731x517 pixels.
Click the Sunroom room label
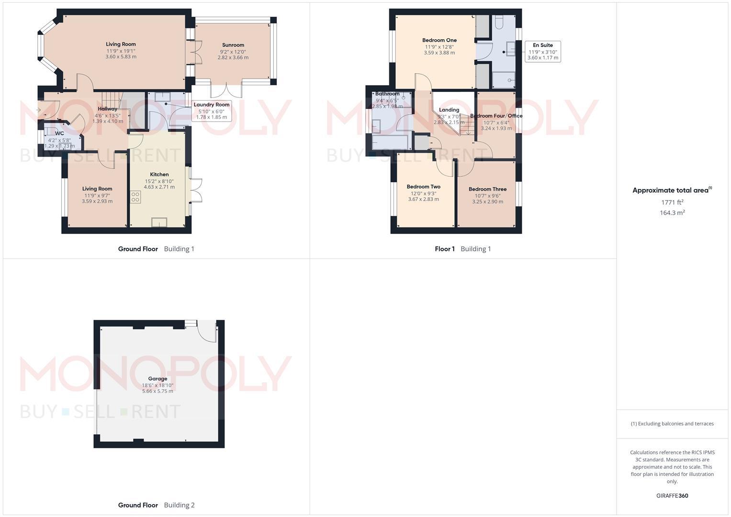click(x=233, y=45)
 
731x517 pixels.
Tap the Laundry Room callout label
click(x=212, y=111)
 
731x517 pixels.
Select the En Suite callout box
click(x=543, y=51)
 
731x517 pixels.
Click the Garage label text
click(x=157, y=379)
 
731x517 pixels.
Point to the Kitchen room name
click(x=159, y=174)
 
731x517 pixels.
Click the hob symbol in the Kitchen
click(x=135, y=197)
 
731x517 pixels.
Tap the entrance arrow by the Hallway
click(x=38, y=111)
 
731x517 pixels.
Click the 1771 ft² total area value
click(x=672, y=202)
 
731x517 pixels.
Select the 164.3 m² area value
click(x=672, y=213)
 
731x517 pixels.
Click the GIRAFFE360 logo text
click(x=672, y=496)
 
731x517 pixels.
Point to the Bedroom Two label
click(x=424, y=187)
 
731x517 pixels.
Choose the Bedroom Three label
click(x=487, y=189)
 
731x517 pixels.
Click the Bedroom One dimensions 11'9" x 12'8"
click(x=439, y=47)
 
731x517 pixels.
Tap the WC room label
click(x=59, y=134)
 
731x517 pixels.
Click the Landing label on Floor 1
click(x=449, y=110)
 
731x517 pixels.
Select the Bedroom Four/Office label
click(x=496, y=116)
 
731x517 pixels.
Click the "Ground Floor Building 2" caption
click(x=157, y=505)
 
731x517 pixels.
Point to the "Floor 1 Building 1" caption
click(x=463, y=249)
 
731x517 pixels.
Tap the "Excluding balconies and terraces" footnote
click(x=672, y=424)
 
